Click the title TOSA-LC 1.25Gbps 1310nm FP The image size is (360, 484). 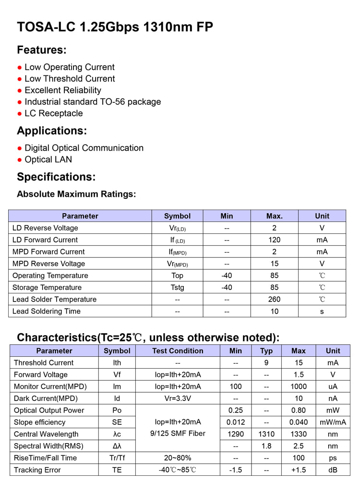pos(115,27)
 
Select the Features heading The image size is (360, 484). pos(42,50)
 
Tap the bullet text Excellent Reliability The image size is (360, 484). pos(63,90)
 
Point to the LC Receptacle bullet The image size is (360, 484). pos(54,113)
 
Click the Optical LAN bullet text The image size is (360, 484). pos(48,159)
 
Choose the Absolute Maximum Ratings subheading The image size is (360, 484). pos(76,194)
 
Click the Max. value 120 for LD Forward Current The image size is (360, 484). pos(274,240)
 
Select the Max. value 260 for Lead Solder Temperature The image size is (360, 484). pos(274,299)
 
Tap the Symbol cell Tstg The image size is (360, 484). pos(177,288)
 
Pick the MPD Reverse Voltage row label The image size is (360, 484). pos(48,264)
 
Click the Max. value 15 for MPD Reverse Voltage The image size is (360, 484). pos(274,264)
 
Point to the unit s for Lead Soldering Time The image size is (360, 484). pos(322,311)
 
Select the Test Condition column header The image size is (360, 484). pos(178,351)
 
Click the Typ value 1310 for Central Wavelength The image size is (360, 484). pos(266,434)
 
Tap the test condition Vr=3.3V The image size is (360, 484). pos(178,399)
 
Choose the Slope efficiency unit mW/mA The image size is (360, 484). pos(333,423)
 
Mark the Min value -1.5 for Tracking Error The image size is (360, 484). pos(235,470)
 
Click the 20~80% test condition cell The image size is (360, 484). pos(178,458)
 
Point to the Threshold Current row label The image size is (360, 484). pos(44,363)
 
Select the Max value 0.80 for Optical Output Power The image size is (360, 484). pos(298,411)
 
